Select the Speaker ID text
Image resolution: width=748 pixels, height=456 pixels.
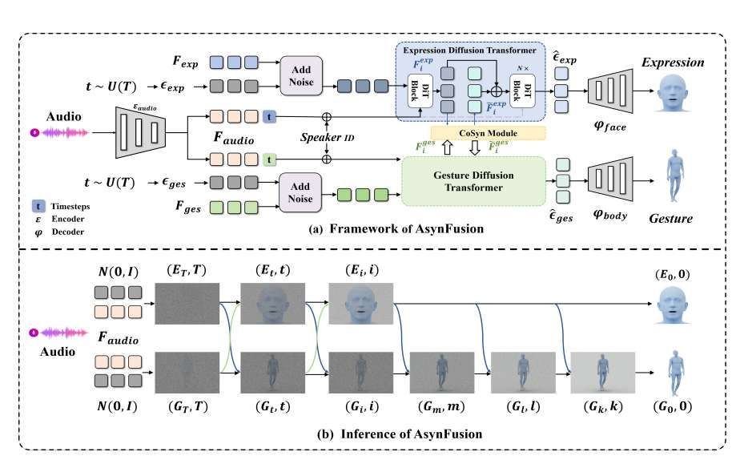tap(326, 137)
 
